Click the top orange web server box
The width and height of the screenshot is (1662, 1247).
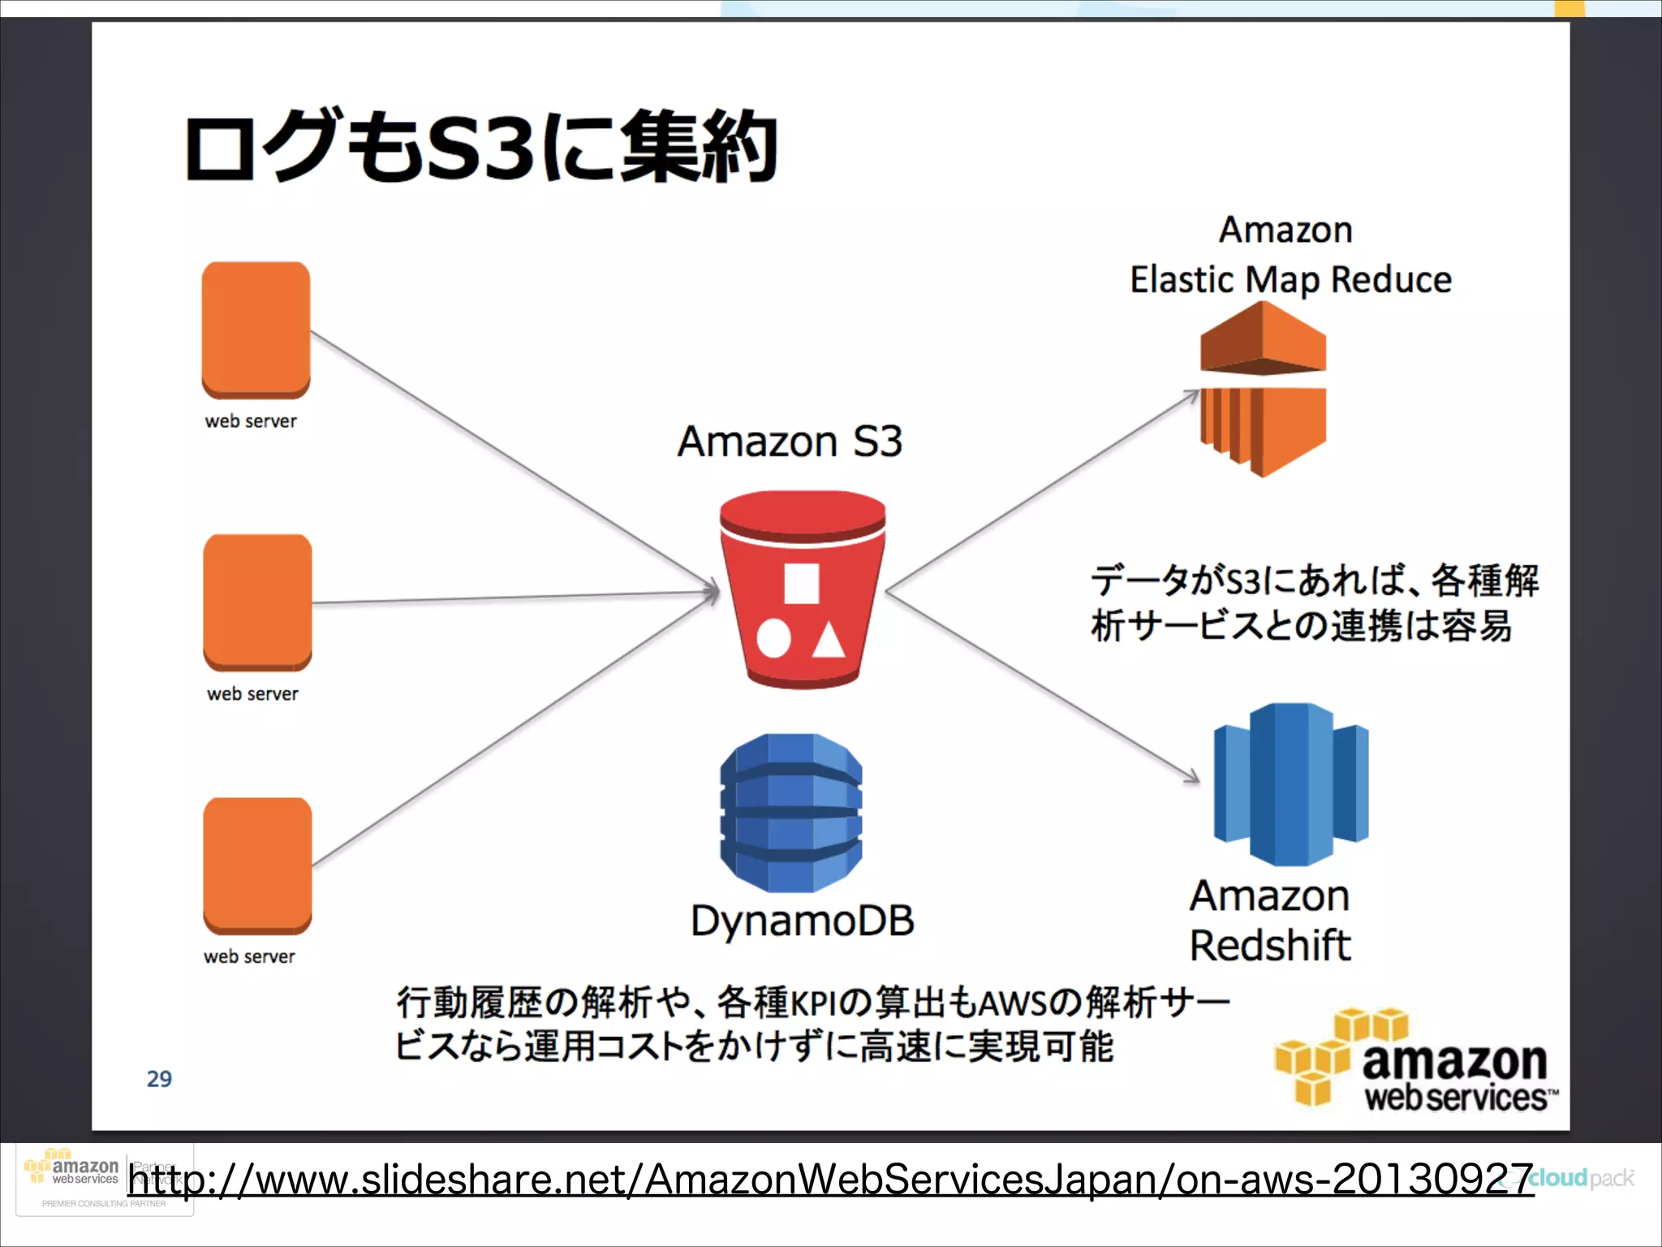tap(256, 329)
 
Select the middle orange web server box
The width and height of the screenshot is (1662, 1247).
tap(257, 602)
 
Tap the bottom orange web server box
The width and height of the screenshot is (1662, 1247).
tap(257, 865)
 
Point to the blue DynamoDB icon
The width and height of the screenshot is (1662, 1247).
tap(791, 813)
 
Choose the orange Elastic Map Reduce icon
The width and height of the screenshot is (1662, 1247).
tap(1263, 388)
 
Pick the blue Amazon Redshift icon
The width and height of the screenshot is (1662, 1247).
tap(1290, 783)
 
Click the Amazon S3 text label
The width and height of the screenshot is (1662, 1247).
tap(790, 442)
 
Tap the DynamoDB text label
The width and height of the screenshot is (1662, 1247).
tap(802, 921)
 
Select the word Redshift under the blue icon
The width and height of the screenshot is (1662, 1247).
tap(1270, 946)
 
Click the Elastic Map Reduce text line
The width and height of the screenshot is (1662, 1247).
tap(1290, 280)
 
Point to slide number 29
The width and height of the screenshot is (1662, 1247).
tap(159, 1079)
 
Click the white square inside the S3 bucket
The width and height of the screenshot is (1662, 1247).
tap(801, 584)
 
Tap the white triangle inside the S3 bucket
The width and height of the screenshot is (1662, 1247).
tap(829, 641)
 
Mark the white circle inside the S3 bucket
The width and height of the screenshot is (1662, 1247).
tap(773, 639)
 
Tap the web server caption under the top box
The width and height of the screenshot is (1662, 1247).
tap(251, 421)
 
